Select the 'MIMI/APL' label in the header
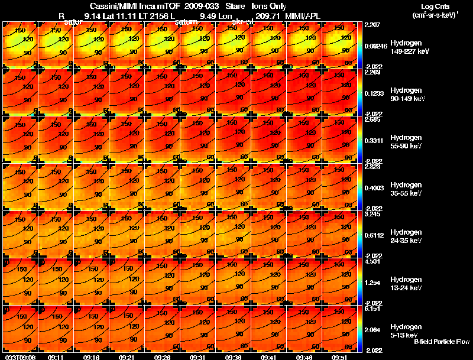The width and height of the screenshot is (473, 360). (303, 16)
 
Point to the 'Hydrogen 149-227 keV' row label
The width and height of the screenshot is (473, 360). (409, 47)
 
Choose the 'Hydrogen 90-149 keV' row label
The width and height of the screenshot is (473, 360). (409, 95)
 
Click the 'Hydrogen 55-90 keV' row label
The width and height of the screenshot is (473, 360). (409, 142)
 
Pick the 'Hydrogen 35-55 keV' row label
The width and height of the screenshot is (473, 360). (409, 189)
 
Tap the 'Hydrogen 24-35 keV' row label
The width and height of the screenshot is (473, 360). (409, 236)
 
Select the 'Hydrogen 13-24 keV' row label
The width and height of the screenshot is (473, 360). (409, 284)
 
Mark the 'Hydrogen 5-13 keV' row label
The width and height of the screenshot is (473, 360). (409, 331)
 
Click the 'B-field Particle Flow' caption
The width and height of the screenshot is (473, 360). (441, 342)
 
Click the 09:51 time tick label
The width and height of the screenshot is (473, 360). (339, 357)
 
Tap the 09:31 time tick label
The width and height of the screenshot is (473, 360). (197, 357)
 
